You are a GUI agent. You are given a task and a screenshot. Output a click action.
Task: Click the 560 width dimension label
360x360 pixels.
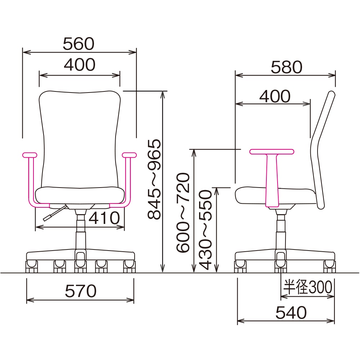pyautogui.click(x=78, y=44)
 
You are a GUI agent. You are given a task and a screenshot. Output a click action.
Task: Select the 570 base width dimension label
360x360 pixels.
pyautogui.click(x=81, y=291)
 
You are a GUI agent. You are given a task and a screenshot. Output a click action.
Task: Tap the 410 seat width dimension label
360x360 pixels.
pyautogui.click(x=104, y=218)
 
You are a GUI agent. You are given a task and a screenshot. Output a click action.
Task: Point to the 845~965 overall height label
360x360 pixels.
pyautogui.click(x=154, y=179)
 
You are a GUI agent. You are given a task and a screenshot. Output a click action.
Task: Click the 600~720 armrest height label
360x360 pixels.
pyautogui.click(x=183, y=213)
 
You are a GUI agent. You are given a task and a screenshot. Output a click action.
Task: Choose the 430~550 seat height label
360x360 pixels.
pyautogui.click(x=205, y=230)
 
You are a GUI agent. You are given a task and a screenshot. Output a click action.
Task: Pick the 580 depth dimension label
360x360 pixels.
pyautogui.click(x=287, y=67)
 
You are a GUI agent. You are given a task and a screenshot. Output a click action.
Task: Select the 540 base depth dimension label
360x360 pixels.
pyautogui.click(x=291, y=312)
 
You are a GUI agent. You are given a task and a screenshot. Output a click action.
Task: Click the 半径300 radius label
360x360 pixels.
pyautogui.click(x=308, y=287)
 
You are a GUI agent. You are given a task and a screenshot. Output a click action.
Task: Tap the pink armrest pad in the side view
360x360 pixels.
pyautogui.click(x=272, y=152)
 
